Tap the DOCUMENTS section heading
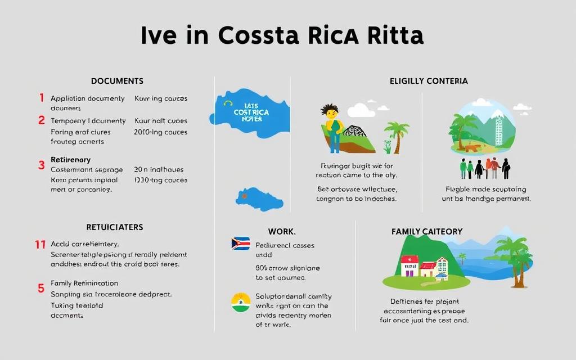pos(117,81)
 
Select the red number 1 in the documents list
pos(42,98)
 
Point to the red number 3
pos(42,165)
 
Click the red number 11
pos(40,244)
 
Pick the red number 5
pos(41,288)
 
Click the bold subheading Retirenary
pos(70,160)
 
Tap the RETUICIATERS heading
pos(114,227)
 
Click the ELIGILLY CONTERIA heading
pos(429,81)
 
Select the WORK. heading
pos(282,231)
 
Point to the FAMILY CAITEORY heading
pos(427,231)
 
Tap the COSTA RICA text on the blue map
pos(251,112)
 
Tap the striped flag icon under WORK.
pos(240,244)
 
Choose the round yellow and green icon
pos(240,302)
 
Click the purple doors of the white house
pos(408,272)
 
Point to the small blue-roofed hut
pos(442,275)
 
